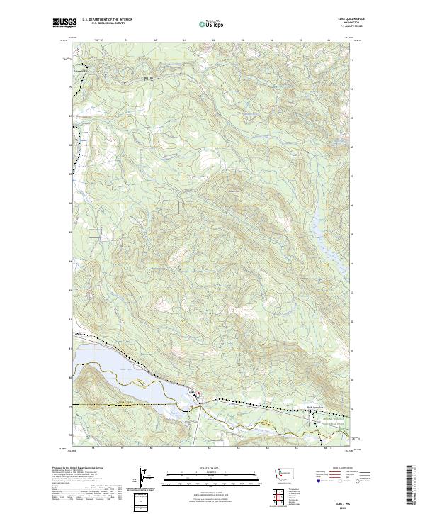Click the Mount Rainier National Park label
coord(323,419)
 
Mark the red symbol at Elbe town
coord(199,396)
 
